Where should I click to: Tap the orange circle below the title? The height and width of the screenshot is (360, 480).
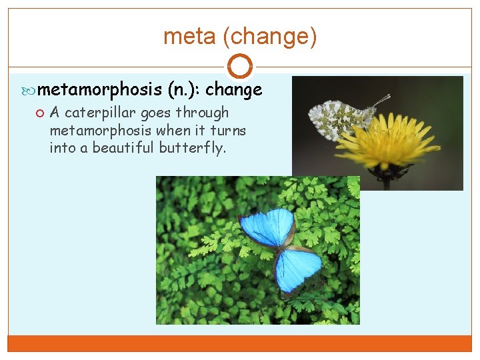coord(240,67)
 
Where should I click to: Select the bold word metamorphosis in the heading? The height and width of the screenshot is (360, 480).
coord(101,89)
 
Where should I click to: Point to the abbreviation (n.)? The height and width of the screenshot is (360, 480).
coord(183,89)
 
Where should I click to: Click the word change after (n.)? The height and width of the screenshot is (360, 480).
coord(233,89)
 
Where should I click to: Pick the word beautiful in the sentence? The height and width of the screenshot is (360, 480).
coord(123,147)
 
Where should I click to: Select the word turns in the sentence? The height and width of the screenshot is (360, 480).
coord(229,130)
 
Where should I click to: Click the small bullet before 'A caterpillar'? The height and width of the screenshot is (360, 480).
coord(41,113)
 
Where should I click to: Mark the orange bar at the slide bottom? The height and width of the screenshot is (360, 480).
coord(240,343)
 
